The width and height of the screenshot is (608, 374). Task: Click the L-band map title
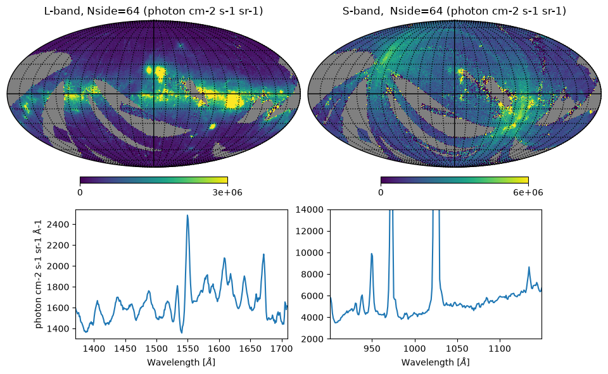[x=153, y=11]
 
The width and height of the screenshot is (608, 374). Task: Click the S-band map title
[x=454, y=11]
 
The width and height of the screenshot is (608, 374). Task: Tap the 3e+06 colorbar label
[x=227, y=192]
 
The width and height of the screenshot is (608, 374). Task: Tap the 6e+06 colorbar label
[x=528, y=192]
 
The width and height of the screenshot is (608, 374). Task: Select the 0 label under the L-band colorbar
[x=80, y=192]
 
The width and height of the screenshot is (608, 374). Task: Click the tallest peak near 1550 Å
[x=187, y=216]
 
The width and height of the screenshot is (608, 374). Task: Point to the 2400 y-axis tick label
[x=58, y=225]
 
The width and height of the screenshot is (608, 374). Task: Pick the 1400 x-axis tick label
[x=94, y=349]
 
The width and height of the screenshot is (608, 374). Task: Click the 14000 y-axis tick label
[x=309, y=209]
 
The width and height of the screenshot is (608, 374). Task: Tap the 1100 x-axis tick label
[x=500, y=349]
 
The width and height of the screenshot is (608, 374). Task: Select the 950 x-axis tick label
[x=372, y=349]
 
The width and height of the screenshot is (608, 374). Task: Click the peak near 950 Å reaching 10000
[x=372, y=254]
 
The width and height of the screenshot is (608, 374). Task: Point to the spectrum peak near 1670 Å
[x=263, y=254]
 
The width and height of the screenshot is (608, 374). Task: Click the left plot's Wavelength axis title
[x=181, y=363]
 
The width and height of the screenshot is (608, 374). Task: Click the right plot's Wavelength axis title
[x=436, y=363]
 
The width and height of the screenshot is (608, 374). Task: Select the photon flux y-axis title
[x=39, y=274]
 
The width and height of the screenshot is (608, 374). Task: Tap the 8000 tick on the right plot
[x=312, y=275]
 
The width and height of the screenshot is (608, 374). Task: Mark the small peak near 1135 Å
[x=529, y=268]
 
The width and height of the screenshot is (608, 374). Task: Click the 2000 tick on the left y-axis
[x=58, y=266]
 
